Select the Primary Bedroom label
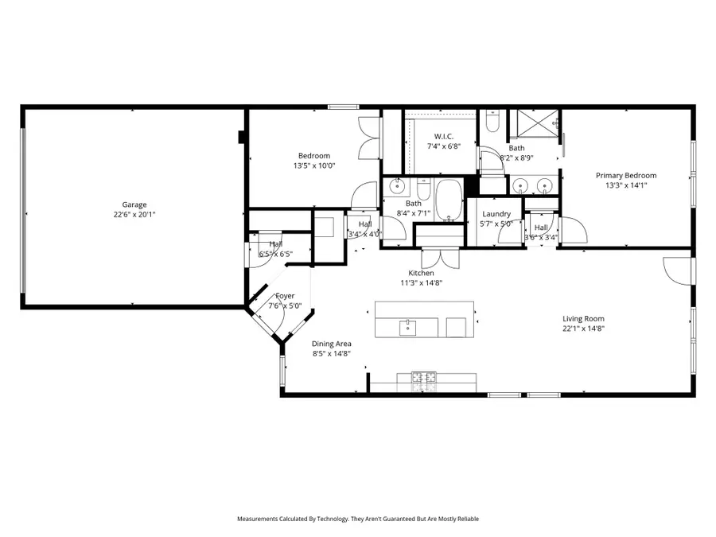point(626,175)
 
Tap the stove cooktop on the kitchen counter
point(423,380)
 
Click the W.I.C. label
point(443,136)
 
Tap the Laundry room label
point(496,214)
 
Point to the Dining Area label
point(332,344)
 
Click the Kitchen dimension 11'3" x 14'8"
point(421,282)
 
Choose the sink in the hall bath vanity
point(395,189)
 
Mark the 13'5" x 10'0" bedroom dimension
point(314,165)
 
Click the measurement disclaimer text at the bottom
point(358,519)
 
